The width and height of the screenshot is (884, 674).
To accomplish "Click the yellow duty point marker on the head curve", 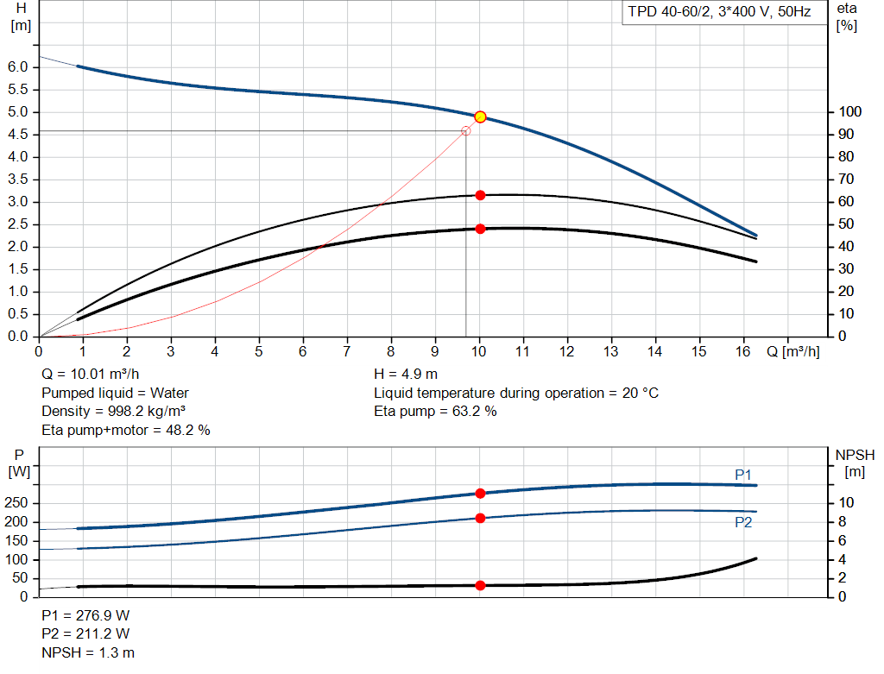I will point(480,117).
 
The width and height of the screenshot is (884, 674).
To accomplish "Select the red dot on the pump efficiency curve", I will point(480,195).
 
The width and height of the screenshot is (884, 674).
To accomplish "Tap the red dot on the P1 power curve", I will point(480,493).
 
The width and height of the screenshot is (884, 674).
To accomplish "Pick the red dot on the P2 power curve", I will point(480,518).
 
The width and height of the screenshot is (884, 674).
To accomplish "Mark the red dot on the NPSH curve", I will point(480,585).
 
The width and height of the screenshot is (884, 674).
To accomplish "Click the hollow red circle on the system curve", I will point(466,131).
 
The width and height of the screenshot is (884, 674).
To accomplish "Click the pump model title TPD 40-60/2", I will point(717,14).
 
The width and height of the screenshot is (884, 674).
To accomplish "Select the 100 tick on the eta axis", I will point(850,112).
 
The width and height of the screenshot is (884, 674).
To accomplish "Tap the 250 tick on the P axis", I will point(18,503).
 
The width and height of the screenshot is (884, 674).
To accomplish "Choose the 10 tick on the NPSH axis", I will point(847,503).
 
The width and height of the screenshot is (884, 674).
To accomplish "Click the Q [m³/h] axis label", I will point(793,352).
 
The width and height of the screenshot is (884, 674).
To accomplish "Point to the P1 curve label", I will point(743,474).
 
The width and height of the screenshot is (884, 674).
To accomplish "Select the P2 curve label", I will point(743,522).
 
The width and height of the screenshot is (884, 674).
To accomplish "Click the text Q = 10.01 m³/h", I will point(91,375).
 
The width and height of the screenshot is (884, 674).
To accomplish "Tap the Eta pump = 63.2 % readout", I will point(435,411).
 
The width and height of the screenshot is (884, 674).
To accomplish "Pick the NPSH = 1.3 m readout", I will point(88,652).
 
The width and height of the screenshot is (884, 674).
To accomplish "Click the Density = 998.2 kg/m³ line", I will point(114,411).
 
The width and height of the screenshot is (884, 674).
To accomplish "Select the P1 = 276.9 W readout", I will point(86,616).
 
